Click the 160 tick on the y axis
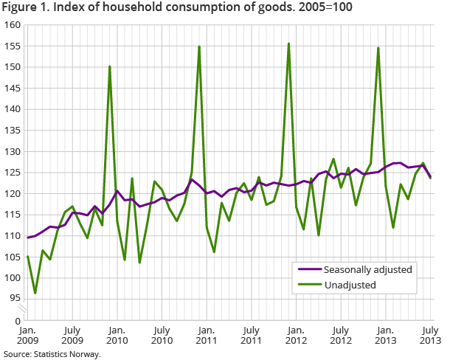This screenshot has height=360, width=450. (x=13, y=25)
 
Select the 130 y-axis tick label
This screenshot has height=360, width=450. (x=13, y=152)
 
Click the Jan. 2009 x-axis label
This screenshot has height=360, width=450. (x=27, y=336)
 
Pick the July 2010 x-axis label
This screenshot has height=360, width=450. (x=162, y=336)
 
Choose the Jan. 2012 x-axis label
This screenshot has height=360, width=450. (x=296, y=336)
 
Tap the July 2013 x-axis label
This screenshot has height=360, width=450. (x=430, y=336)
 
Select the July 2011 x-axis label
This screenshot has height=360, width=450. (x=252, y=336)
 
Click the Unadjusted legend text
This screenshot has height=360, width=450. (x=350, y=285)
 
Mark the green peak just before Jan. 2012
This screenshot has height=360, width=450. (x=288, y=44)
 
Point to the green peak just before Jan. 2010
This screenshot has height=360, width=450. (x=109, y=66)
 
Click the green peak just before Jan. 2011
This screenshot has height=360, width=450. (x=199, y=46)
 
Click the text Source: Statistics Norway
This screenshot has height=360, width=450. (x=51, y=354)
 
